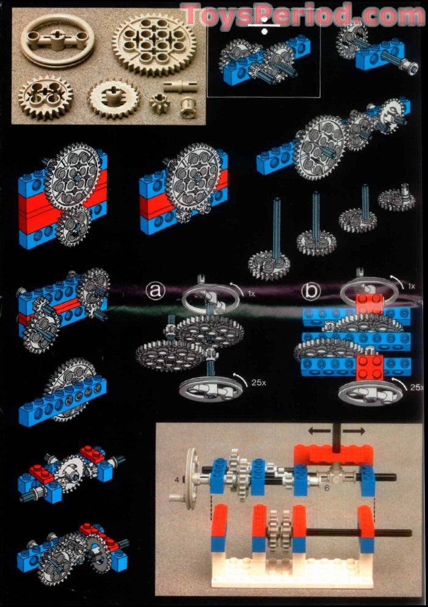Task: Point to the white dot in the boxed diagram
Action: [264, 30]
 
